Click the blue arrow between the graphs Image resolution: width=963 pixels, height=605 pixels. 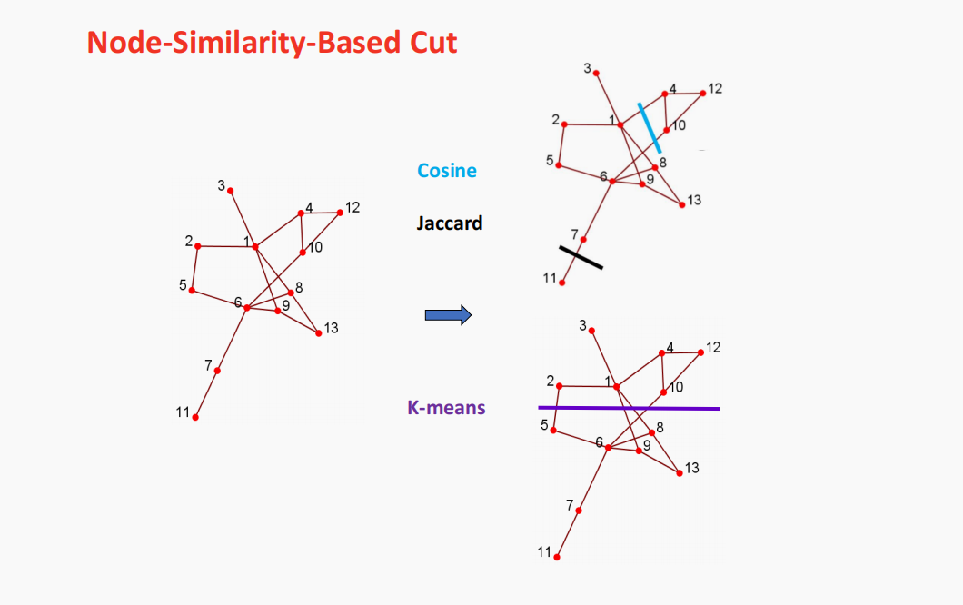(x=448, y=315)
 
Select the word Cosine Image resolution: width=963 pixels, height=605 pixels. (x=447, y=170)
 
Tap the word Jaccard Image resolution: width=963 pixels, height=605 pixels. (x=450, y=223)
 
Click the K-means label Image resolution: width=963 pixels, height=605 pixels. (x=446, y=408)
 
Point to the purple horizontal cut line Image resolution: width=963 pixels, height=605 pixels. (x=629, y=408)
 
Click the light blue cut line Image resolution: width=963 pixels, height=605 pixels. (x=649, y=127)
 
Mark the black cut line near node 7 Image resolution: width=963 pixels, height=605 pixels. (x=581, y=256)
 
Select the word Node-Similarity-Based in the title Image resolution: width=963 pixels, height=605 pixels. (x=246, y=42)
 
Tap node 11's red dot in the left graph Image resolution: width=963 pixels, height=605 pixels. (x=195, y=417)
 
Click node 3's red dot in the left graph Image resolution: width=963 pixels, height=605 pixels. (x=231, y=191)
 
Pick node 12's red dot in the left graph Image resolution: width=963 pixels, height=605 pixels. (x=340, y=213)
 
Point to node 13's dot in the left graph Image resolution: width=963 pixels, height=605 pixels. (x=318, y=333)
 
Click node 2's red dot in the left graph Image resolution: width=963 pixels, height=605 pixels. (x=198, y=246)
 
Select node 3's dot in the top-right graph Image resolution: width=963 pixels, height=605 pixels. (x=596, y=73)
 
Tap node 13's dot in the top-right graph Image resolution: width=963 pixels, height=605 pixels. (x=682, y=205)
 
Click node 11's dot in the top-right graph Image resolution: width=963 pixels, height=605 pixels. (x=561, y=283)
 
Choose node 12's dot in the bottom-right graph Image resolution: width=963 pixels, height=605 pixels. (x=700, y=352)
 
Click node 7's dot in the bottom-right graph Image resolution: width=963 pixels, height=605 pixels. (x=579, y=511)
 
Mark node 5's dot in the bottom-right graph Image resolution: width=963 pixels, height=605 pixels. (x=553, y=429)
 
